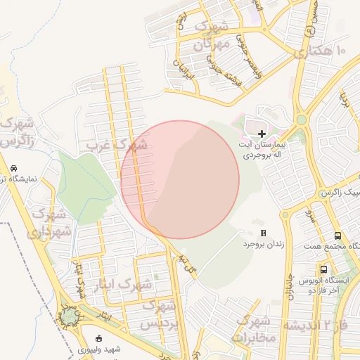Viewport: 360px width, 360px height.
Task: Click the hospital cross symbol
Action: click(x=262, y=134)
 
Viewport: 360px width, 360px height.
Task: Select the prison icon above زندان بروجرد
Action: click(x=263, y=233)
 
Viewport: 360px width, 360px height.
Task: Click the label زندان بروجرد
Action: click(x=264, y=245)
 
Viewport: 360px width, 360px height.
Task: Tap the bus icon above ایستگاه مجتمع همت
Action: click(x=338, y=236)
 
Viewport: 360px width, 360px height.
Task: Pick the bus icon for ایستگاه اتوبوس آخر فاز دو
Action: click(x=323, y=269)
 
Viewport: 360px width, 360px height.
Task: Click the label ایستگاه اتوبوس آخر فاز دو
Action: click(x=324, y=285)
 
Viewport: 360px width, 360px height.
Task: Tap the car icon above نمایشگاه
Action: click(x=14, y=169)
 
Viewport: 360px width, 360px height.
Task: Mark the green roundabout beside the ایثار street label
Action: click(x=70, y=317)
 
